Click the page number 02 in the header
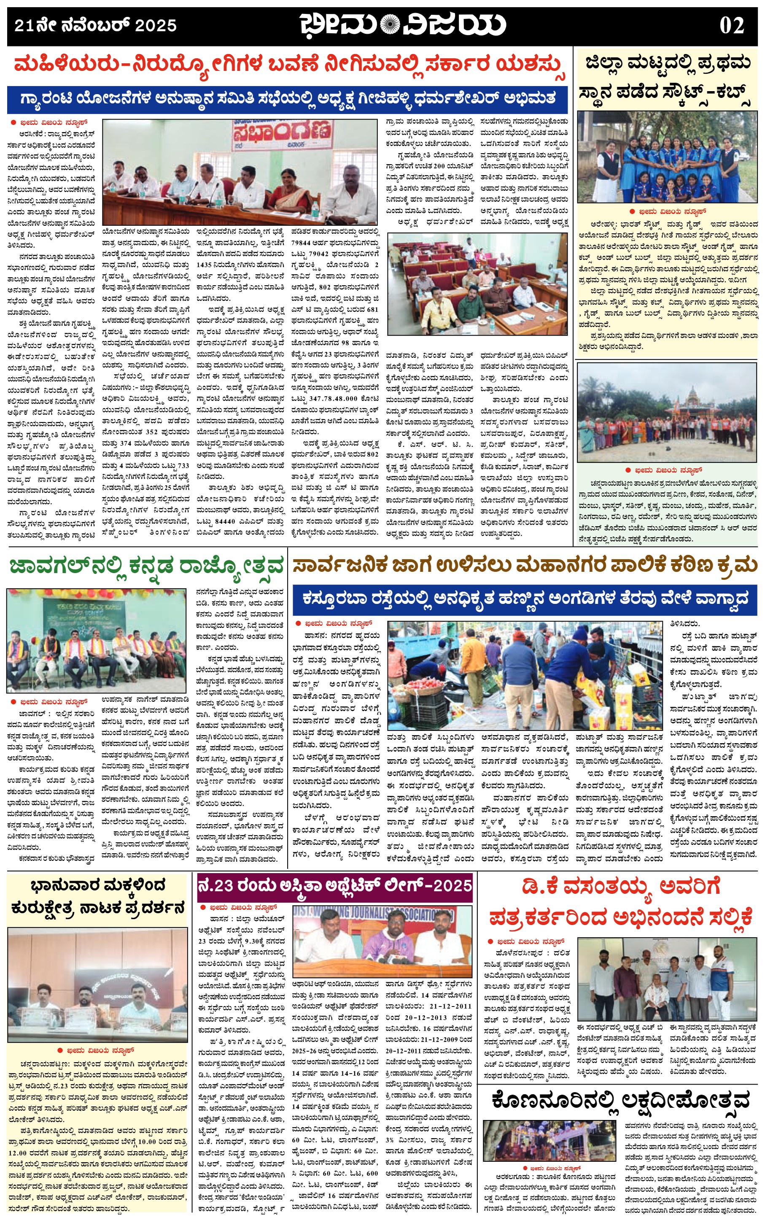coord(732,25)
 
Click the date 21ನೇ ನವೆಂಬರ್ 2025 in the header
coord(95,25)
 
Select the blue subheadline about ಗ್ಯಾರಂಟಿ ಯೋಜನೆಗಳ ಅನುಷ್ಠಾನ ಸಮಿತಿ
coord(287,99)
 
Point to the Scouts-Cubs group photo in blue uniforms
coord(667,158)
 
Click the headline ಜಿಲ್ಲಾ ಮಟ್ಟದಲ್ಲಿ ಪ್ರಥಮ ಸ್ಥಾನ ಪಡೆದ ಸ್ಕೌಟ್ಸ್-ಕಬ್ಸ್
coord(667,78)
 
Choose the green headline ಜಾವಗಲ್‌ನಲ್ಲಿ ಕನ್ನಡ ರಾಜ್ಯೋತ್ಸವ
coord(147,566)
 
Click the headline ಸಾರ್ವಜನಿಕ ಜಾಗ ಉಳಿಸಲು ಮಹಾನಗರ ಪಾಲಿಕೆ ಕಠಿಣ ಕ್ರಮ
coord(524,565)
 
